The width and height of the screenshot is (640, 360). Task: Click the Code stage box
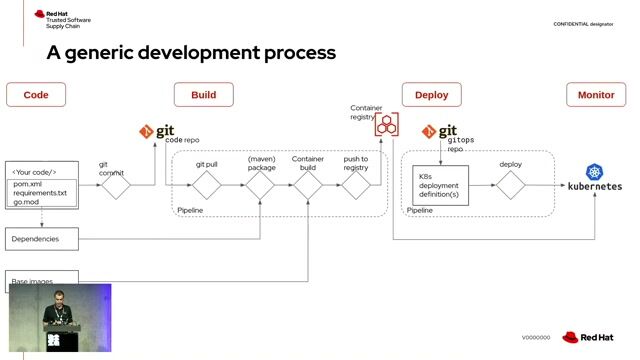36,95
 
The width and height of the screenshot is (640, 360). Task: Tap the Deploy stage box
431,95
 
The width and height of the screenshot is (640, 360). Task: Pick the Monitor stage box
596,95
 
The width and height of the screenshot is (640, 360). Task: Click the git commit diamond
116,186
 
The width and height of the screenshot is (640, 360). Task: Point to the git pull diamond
206,185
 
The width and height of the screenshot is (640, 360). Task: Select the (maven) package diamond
261,185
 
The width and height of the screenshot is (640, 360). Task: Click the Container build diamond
307,185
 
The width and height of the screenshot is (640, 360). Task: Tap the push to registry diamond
356,185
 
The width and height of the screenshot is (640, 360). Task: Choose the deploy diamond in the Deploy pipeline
511,185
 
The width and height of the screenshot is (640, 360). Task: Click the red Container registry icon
387,126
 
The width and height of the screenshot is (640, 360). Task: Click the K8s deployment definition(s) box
441,185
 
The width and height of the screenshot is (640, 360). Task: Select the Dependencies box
41,239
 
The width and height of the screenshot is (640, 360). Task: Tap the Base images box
41,281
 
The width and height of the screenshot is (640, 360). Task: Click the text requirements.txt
40,193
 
